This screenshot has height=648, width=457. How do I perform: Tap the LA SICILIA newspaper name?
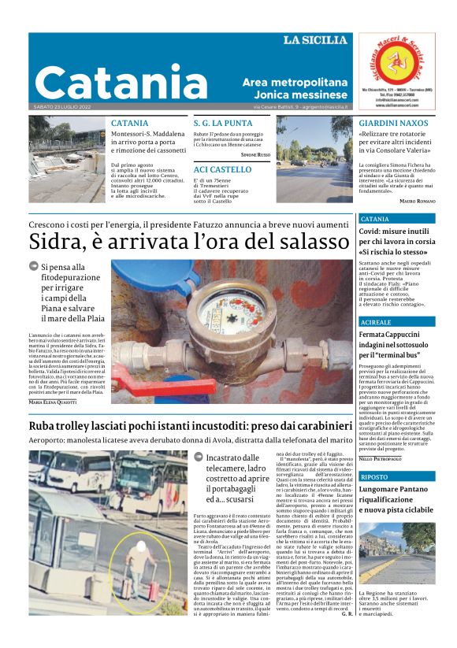tap(314, 40)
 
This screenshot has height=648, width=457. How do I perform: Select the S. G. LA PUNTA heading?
tap(223, 124)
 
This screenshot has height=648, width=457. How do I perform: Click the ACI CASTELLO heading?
tap(222, 169)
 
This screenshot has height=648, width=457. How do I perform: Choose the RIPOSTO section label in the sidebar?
tap(373, 476)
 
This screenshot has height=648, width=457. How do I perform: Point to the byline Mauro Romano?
tap(417, 202)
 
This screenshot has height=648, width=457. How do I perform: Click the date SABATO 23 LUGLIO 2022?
tap(63, 107)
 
